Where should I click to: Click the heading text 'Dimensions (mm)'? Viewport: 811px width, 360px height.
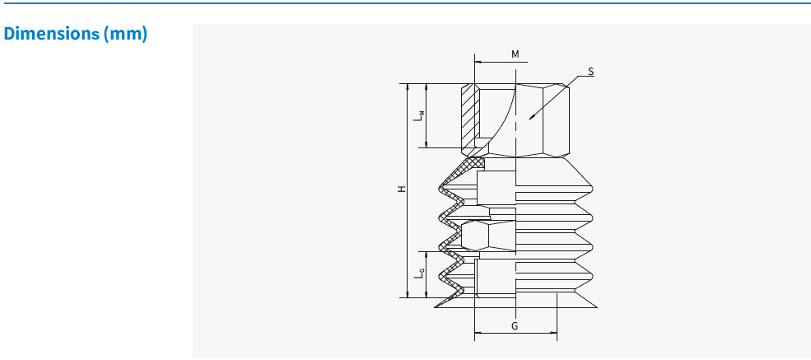[76, 35]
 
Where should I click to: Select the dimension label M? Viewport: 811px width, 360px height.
[515, 54]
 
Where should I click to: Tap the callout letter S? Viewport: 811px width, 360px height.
[590, 72]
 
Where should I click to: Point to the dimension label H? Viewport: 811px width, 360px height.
[402, 189]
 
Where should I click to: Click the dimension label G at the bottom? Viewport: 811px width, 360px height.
[515, 326]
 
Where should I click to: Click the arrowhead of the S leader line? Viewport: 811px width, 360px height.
[529, 119]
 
